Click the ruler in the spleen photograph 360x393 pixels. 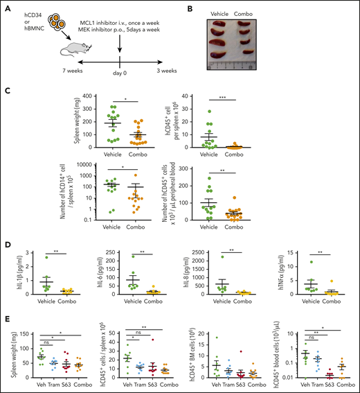point(243,71)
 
